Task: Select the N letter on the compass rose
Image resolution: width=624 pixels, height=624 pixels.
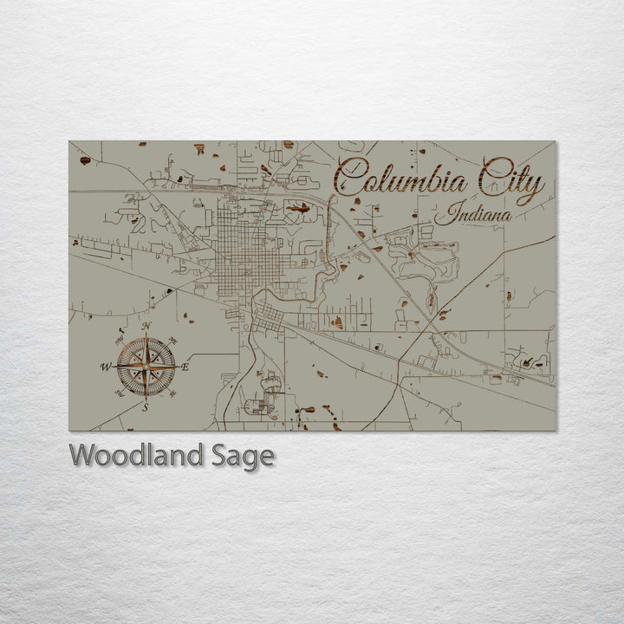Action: click(146, 326)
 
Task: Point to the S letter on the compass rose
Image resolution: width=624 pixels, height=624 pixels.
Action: click(146, 406)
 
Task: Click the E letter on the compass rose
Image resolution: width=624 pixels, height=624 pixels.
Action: click(185, 367)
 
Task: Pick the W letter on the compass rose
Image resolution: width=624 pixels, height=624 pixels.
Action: click(106, 367)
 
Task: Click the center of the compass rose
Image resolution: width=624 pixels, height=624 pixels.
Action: click(146, 367)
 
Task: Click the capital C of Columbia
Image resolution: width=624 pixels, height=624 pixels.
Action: click(348, 178)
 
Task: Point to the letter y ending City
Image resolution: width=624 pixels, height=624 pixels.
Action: click(537, 186)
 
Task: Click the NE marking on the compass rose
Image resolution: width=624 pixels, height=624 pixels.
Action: click(173, 340)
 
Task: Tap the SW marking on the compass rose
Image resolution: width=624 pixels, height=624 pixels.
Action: click(119, 393)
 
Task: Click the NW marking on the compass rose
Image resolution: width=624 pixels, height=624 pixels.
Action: click(119, 340)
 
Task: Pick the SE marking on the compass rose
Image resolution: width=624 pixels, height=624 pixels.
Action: click(173, 393)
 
